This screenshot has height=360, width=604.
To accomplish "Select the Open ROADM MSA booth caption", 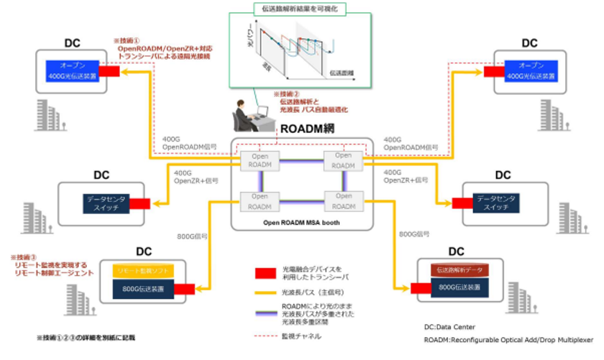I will click(301, 223).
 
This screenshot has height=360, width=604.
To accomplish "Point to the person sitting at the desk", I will click(243, 115).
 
